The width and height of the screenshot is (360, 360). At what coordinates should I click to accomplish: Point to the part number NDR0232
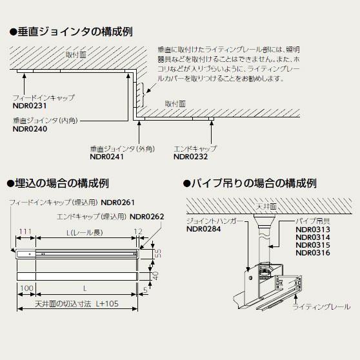pos(191,156)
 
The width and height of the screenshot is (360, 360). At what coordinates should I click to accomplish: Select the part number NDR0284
pos(204,228)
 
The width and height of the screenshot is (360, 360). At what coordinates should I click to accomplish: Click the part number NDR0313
pos(313,229)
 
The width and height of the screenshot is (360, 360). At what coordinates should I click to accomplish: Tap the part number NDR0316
pos(313,253)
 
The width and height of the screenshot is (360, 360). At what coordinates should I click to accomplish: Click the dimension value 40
pos(157,275)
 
